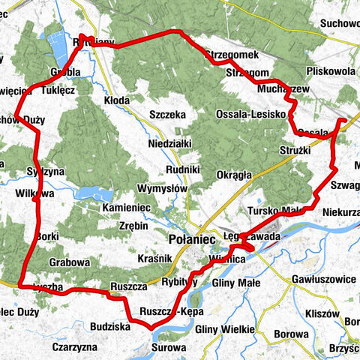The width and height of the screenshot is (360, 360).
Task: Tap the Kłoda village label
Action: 117,98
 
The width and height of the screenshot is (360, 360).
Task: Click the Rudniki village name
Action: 182,170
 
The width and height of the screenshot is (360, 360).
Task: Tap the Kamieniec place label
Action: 127,205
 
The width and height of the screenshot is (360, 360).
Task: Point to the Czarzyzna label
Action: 75,347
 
